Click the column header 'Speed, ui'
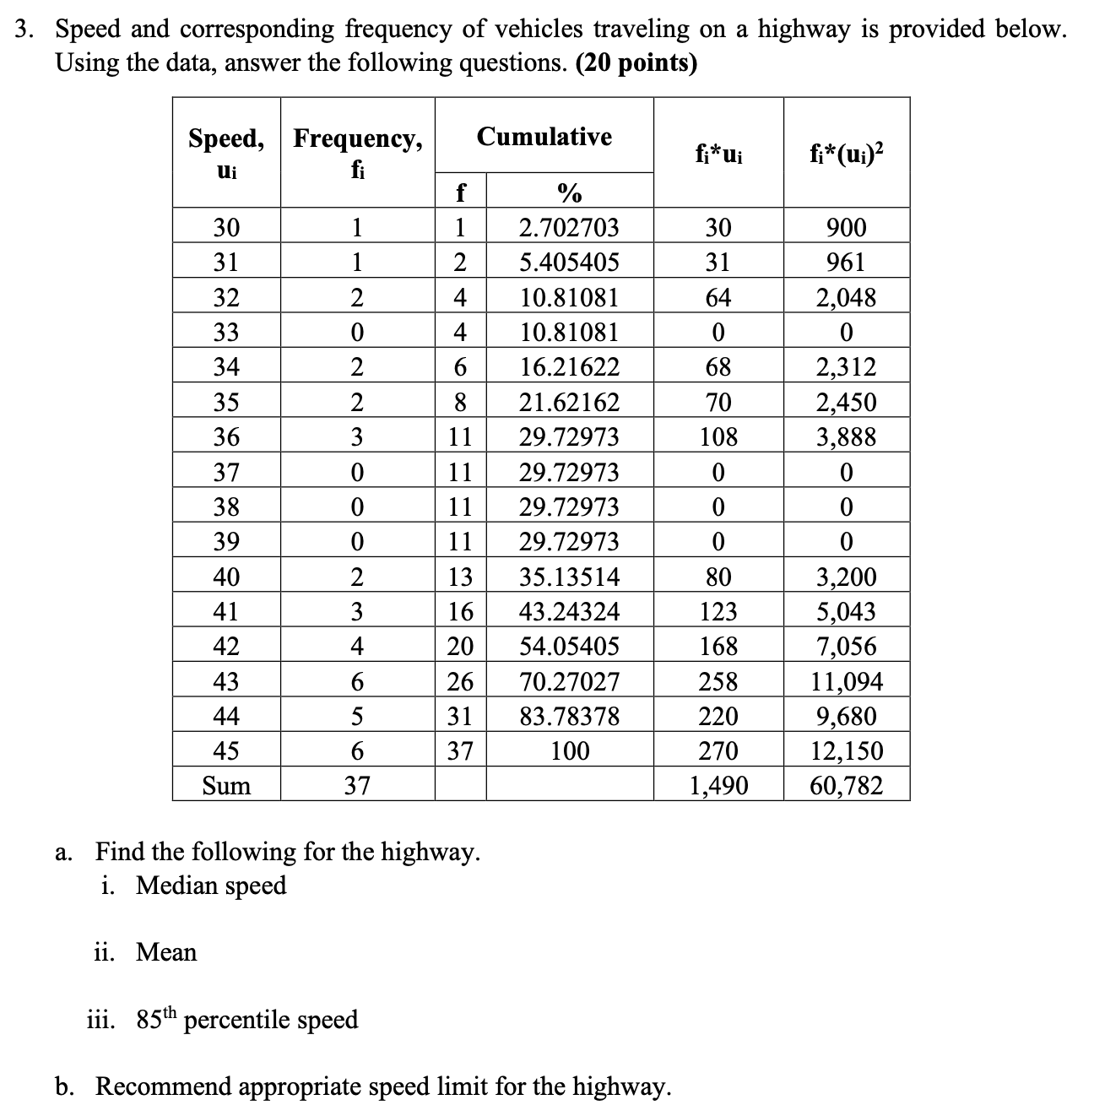(226, 153)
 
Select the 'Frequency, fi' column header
(357, 153)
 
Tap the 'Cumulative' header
(544, 137)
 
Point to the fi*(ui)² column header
(846, 153)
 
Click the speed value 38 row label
(226, 507)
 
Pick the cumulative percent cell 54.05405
(569, 647)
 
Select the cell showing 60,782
(846, 786)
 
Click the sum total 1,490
(718, 786)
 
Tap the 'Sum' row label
(226, 786)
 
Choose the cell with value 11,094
(846, 681)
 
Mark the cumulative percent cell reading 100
(569, 750)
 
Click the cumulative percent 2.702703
(569, 228)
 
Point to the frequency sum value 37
(357, 786)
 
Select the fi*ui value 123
(718, 611)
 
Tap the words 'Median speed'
(211, 886)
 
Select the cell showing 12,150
(846, 750)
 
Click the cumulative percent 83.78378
(569, 717)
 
